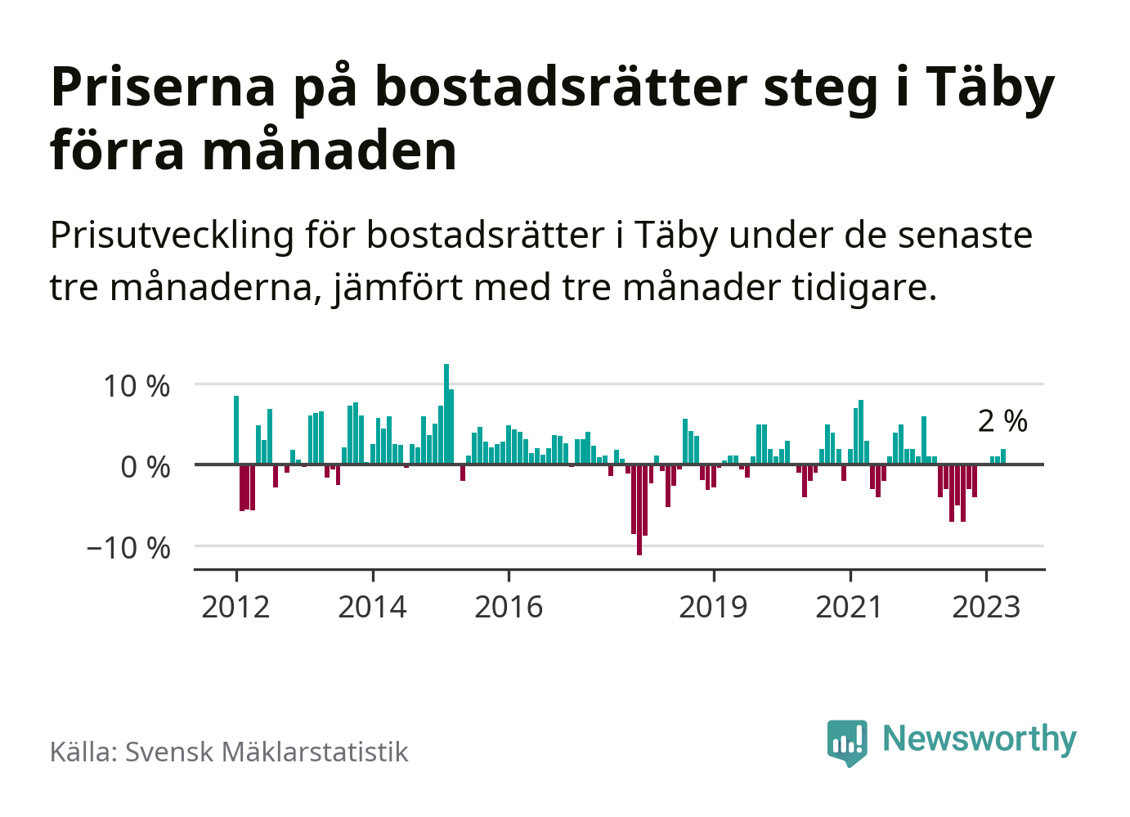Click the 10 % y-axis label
[137, 385]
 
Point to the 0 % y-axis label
[146, 467]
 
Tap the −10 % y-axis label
[129, 547]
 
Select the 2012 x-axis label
[235, 607]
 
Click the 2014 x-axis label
[372, 607]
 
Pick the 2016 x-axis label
[509, 607]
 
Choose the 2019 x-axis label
[713, 607]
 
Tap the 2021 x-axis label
[850, 607]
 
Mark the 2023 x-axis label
[986, 607]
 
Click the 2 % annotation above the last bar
[1002, 421]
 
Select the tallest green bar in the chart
[446, 414]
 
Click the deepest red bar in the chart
[639, 510]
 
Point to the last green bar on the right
[1003, 456]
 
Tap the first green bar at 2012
[236, 430]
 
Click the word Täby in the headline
[990, 87]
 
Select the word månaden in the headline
[330, 150]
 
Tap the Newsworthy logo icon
[847, 742]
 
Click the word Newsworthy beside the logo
[980, 738]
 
